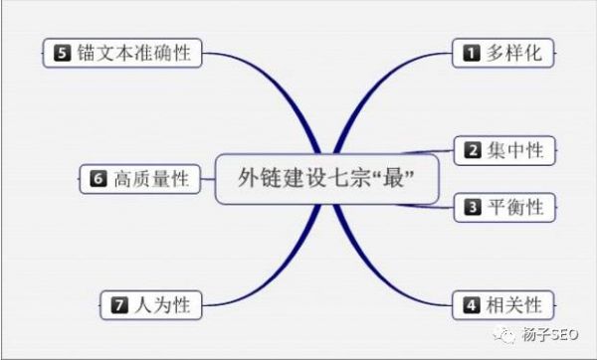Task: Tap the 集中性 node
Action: point(505,151)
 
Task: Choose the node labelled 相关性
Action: point(505,303)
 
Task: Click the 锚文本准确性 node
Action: point(124,52)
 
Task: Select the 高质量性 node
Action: point(138,179)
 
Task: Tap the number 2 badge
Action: point(473,151)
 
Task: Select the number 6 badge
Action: point(98,179)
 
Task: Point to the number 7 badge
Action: point(120,304)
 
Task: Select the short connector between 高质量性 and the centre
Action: point(206,179)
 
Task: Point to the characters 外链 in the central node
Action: point(260,179)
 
